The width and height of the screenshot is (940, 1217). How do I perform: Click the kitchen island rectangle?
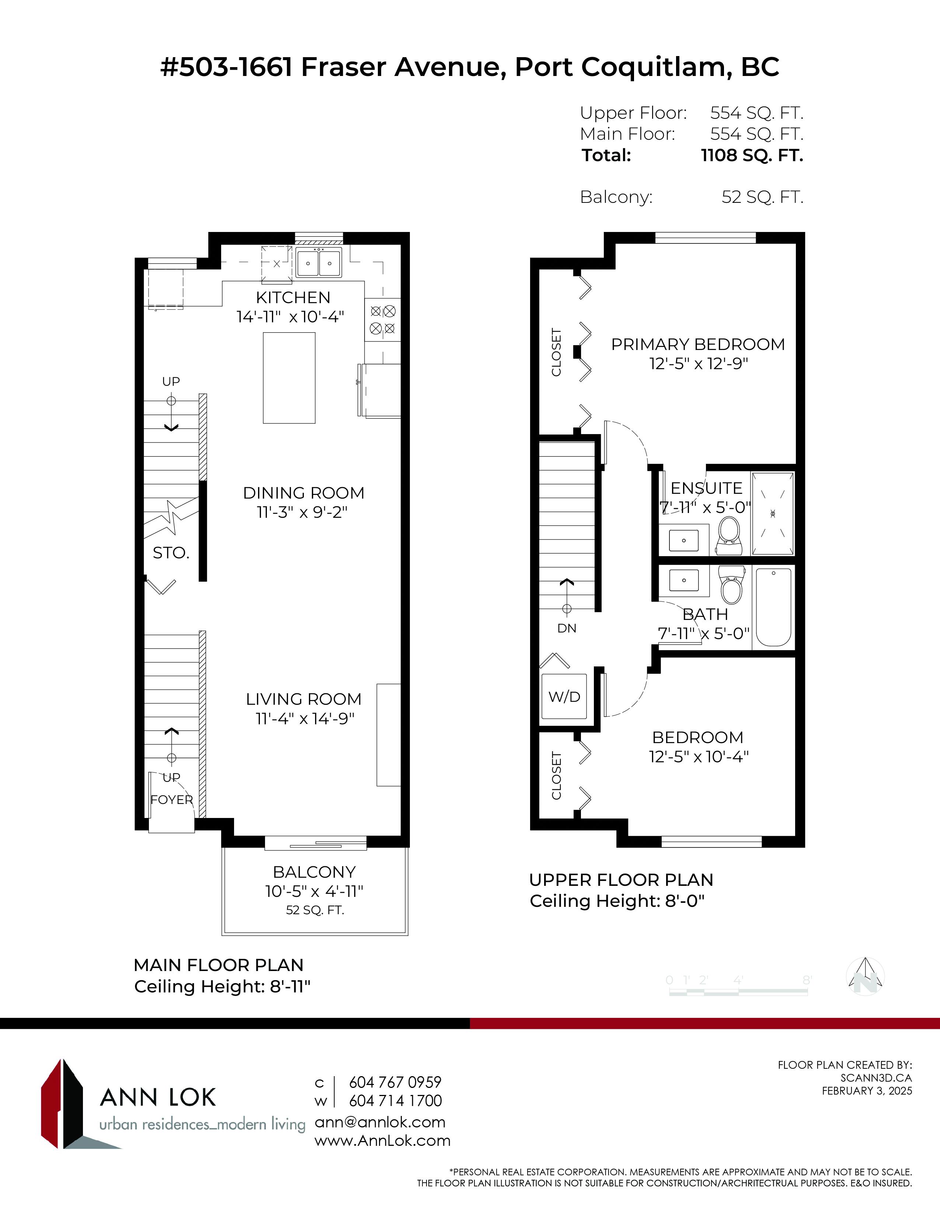click(x=289, y=378)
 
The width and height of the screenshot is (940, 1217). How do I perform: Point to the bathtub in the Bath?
click(x=773, y=607)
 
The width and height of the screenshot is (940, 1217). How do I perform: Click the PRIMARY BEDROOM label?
click(x=698, y=344)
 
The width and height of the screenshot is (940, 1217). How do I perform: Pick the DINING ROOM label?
click(x=303, y=493)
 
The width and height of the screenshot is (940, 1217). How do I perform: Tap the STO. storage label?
click(x=171, y=553)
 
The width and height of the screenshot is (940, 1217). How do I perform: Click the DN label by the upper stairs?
click(x=567, y=628)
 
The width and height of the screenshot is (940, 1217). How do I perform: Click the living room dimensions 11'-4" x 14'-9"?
click(x=305, y=718)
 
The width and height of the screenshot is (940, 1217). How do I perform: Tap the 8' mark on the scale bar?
click(x=807, y=980)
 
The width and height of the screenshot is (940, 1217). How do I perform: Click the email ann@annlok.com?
click(x=380, y=1122)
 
